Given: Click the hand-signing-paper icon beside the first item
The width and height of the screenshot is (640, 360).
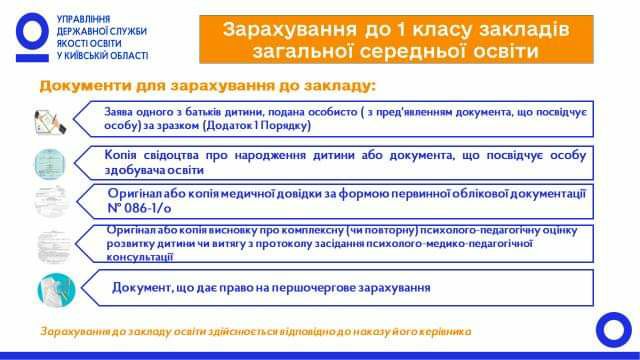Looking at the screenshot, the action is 49,122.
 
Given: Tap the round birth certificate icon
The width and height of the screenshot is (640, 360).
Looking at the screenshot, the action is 50,164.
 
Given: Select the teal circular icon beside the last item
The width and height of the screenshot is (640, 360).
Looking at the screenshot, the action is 56,290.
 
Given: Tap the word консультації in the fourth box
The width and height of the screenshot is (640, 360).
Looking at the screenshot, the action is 140,257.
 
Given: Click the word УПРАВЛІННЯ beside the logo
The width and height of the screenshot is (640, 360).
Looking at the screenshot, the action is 83,19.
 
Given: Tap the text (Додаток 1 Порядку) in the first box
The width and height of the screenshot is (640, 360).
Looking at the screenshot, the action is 257,125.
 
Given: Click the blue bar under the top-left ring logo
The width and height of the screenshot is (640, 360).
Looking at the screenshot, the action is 32,58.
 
